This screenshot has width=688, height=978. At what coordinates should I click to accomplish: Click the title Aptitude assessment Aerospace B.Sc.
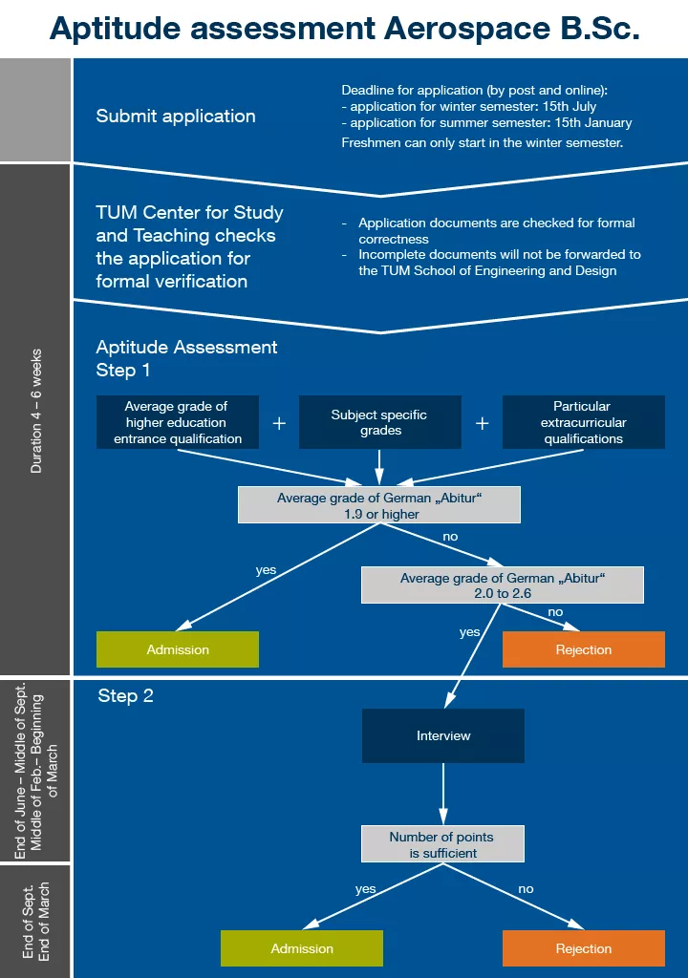click(x=344, y=29)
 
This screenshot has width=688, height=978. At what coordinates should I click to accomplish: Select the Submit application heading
click(x=176, y=117)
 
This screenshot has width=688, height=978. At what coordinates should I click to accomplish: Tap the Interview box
click(x=443, y=735)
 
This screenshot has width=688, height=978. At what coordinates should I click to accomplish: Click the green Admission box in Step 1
click(x=178, y=649)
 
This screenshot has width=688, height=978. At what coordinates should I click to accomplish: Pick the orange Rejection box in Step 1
click(x=584, y=649)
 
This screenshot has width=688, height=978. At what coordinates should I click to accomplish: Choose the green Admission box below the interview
click(x=302, y=948)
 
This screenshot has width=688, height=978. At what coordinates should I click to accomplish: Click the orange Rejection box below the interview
click(x=584, y=948)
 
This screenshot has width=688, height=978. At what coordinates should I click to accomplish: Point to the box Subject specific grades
click(x=379, y=422)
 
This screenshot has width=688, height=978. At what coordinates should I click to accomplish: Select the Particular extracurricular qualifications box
click(x=584, y=422)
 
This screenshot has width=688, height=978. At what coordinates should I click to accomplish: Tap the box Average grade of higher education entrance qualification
click(x=177, y=422)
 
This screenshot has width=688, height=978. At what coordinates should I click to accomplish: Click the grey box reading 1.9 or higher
click(x=379, y=505)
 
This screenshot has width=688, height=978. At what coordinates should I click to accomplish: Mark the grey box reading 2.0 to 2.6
click(x=503, y=585)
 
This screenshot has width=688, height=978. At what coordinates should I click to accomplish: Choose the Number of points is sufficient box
click(x=441, y=844)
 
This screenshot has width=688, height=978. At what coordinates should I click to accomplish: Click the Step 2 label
click(x=125, y=696)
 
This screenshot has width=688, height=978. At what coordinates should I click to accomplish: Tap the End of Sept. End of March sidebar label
click(x=36, y=921)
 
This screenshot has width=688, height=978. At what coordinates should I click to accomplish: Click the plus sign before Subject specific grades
click(x=279, y=423)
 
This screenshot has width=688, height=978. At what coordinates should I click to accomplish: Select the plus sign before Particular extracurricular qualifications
click(x=483, y=423)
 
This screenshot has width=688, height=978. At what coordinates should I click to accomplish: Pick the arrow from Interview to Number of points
click(x=443, y=793)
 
